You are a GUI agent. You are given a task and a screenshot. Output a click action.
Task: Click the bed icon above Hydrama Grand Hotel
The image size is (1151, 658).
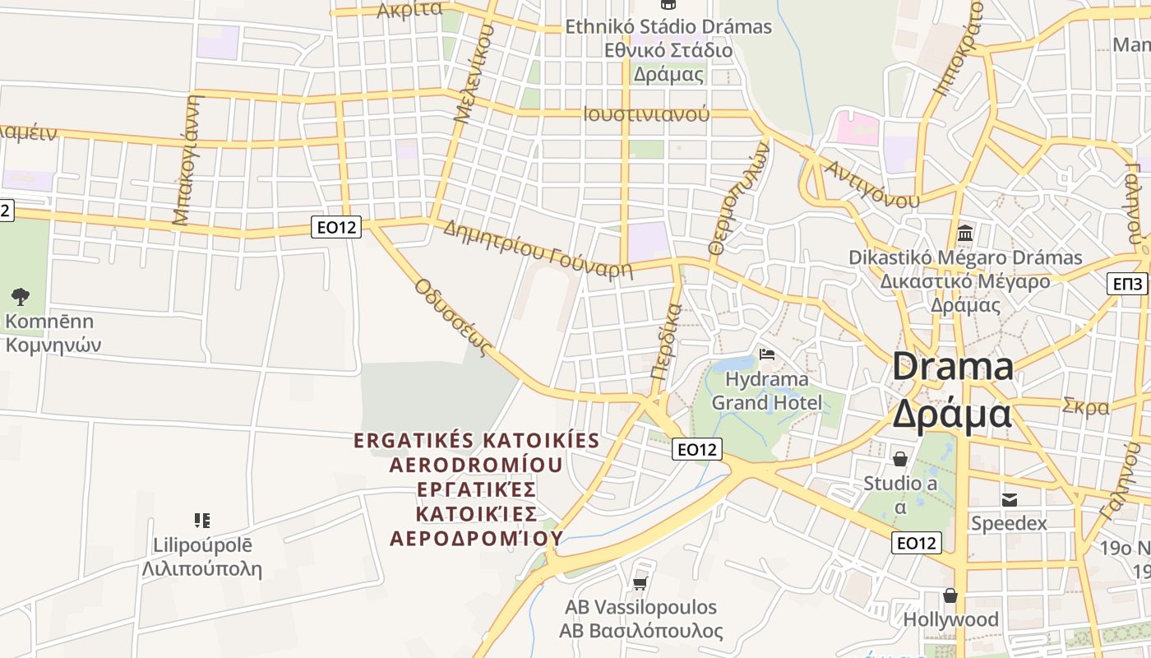click(x=767, y=354)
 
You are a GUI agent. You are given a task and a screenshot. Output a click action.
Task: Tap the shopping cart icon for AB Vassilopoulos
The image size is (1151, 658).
click(x=640, y=583)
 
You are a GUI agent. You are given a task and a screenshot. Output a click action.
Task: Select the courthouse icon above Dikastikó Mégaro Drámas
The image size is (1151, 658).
click(x=965, y=233)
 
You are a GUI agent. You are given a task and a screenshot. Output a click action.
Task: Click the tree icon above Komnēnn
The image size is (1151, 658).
click(x=21, y=296)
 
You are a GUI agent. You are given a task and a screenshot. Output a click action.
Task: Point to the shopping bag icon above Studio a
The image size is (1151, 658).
click(x=900, y=458)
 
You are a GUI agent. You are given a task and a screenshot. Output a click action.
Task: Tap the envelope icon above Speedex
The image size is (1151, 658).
click(x=1009, y=498)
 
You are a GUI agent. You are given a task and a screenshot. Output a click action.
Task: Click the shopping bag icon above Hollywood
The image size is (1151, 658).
click(x=950, y=595)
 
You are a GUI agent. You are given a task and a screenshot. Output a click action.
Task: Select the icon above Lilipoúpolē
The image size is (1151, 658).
click(x=202, y=520)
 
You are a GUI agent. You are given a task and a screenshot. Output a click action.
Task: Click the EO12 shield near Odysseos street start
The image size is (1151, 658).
click(x=336, y=227)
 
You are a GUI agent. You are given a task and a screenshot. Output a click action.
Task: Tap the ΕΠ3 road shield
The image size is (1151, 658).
click(x=1127, y=284)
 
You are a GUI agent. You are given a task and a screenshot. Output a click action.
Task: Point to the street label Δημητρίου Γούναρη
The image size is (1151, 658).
click(x=538, y=249)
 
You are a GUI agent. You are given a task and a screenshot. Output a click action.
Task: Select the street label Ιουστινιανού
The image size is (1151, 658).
click(x=646, y=114)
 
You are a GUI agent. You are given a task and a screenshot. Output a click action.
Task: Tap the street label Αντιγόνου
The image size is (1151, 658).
click(x=872, y=185)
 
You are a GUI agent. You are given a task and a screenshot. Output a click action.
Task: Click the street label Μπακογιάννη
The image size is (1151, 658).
click(x=187, y=160)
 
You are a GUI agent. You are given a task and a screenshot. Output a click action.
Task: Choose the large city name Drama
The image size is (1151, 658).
click(x=953, y=366)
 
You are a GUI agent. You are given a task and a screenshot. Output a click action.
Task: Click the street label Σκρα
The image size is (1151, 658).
click(x=1085, y=406)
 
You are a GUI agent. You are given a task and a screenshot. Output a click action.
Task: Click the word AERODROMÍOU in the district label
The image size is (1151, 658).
click(x=476, y=465)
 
